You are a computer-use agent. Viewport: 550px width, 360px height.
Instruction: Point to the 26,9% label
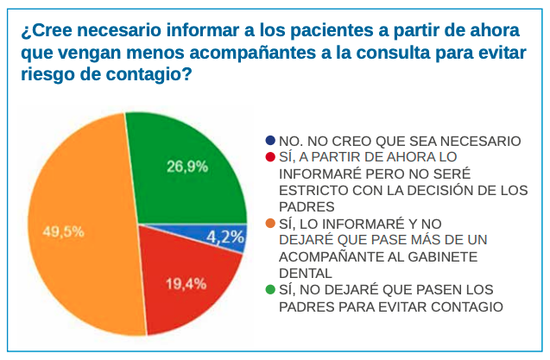click(x=186, y=167)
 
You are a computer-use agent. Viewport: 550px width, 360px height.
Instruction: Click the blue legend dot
click(x=271, y=141)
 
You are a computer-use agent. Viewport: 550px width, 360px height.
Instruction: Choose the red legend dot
click(x=271, y=157)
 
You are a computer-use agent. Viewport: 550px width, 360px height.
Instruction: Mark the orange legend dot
click(x=271, y=223)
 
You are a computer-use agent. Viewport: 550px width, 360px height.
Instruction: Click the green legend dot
click(x=271, y=289)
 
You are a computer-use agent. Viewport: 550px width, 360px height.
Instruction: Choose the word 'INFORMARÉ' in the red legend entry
click(x=317, y=174)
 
